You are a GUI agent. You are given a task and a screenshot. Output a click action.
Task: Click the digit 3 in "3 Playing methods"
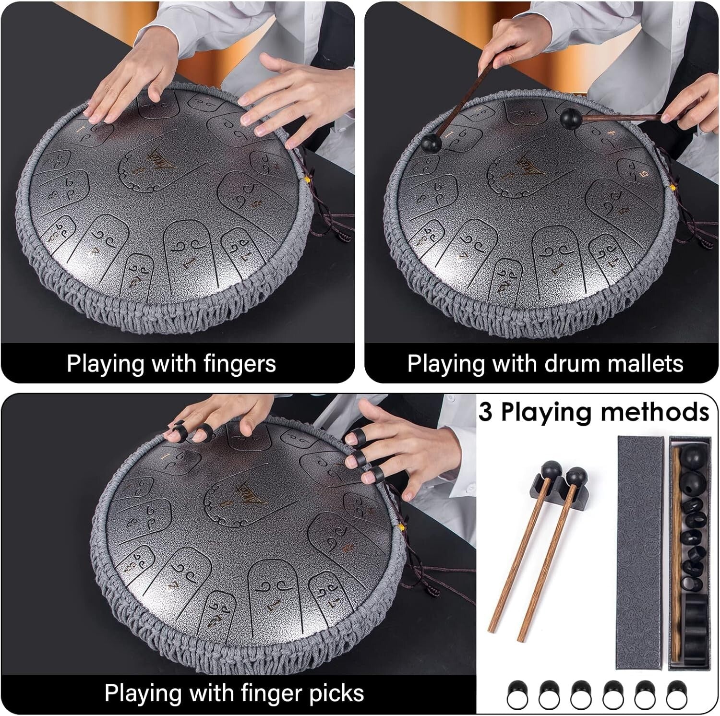pos(485,412)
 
